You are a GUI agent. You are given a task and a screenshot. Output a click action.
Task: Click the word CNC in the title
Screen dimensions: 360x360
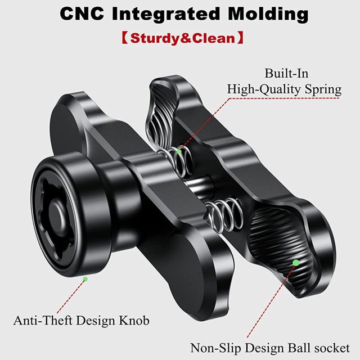point(82,13)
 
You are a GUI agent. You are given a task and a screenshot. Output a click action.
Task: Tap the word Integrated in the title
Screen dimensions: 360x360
point(166,15)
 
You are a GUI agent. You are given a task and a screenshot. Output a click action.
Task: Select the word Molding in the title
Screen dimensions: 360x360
point(268,15)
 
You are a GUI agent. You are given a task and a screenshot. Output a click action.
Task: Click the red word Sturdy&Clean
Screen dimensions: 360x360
point(182,38)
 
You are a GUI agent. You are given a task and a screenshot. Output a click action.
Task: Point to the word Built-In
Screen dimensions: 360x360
point(286,74)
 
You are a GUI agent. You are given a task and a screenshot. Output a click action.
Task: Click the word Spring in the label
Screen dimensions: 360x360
point(323,90)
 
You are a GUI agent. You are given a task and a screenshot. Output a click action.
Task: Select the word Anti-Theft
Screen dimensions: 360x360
point(43,320)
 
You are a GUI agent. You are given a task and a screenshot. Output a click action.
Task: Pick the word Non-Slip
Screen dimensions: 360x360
point(215,348)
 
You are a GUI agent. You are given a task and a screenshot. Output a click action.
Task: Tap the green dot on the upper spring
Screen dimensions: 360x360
point(179,151)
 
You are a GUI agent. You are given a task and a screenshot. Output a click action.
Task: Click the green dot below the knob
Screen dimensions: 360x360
point(85,279)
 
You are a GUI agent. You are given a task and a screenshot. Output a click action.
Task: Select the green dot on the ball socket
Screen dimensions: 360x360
point(296,263)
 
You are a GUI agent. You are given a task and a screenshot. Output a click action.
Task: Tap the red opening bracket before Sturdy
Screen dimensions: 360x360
point(125,38)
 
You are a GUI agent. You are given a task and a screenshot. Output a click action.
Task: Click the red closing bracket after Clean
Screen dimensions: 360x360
point(240,38)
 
